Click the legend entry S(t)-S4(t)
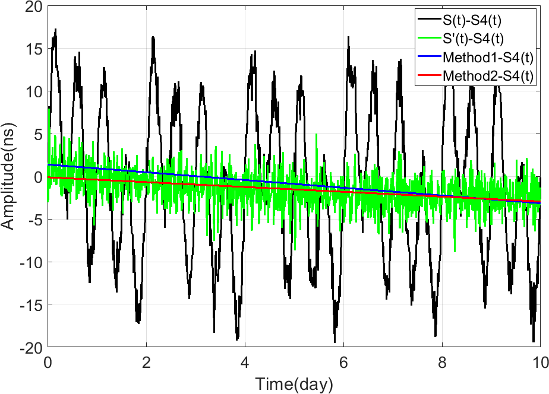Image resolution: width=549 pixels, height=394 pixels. point(472,20)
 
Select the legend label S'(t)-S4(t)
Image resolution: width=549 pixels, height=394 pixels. point(473,39)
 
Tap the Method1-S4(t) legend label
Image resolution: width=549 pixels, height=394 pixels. point(488,58)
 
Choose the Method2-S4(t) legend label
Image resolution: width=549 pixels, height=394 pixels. point(488,75)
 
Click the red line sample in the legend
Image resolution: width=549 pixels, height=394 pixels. point(429,75)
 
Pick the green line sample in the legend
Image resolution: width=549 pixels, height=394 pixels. point(429,38)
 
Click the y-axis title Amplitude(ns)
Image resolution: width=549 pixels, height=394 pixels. point(8,176)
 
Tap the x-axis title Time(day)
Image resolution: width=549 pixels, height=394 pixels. point(294,385)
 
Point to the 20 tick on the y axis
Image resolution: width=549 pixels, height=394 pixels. point(34,7)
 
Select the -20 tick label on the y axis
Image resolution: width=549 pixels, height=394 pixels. point(30,347)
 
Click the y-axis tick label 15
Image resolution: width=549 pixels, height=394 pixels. point(34,49)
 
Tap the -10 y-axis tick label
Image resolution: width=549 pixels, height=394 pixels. point(30,262)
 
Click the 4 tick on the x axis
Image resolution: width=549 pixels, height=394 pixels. point(245,363)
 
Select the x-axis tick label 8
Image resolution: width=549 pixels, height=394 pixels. point(442,363)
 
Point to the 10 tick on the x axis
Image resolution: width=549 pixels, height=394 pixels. point(541,363)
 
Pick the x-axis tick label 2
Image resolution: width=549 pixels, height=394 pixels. point(146,363)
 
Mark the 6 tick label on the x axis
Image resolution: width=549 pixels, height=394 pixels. point(343,363)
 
